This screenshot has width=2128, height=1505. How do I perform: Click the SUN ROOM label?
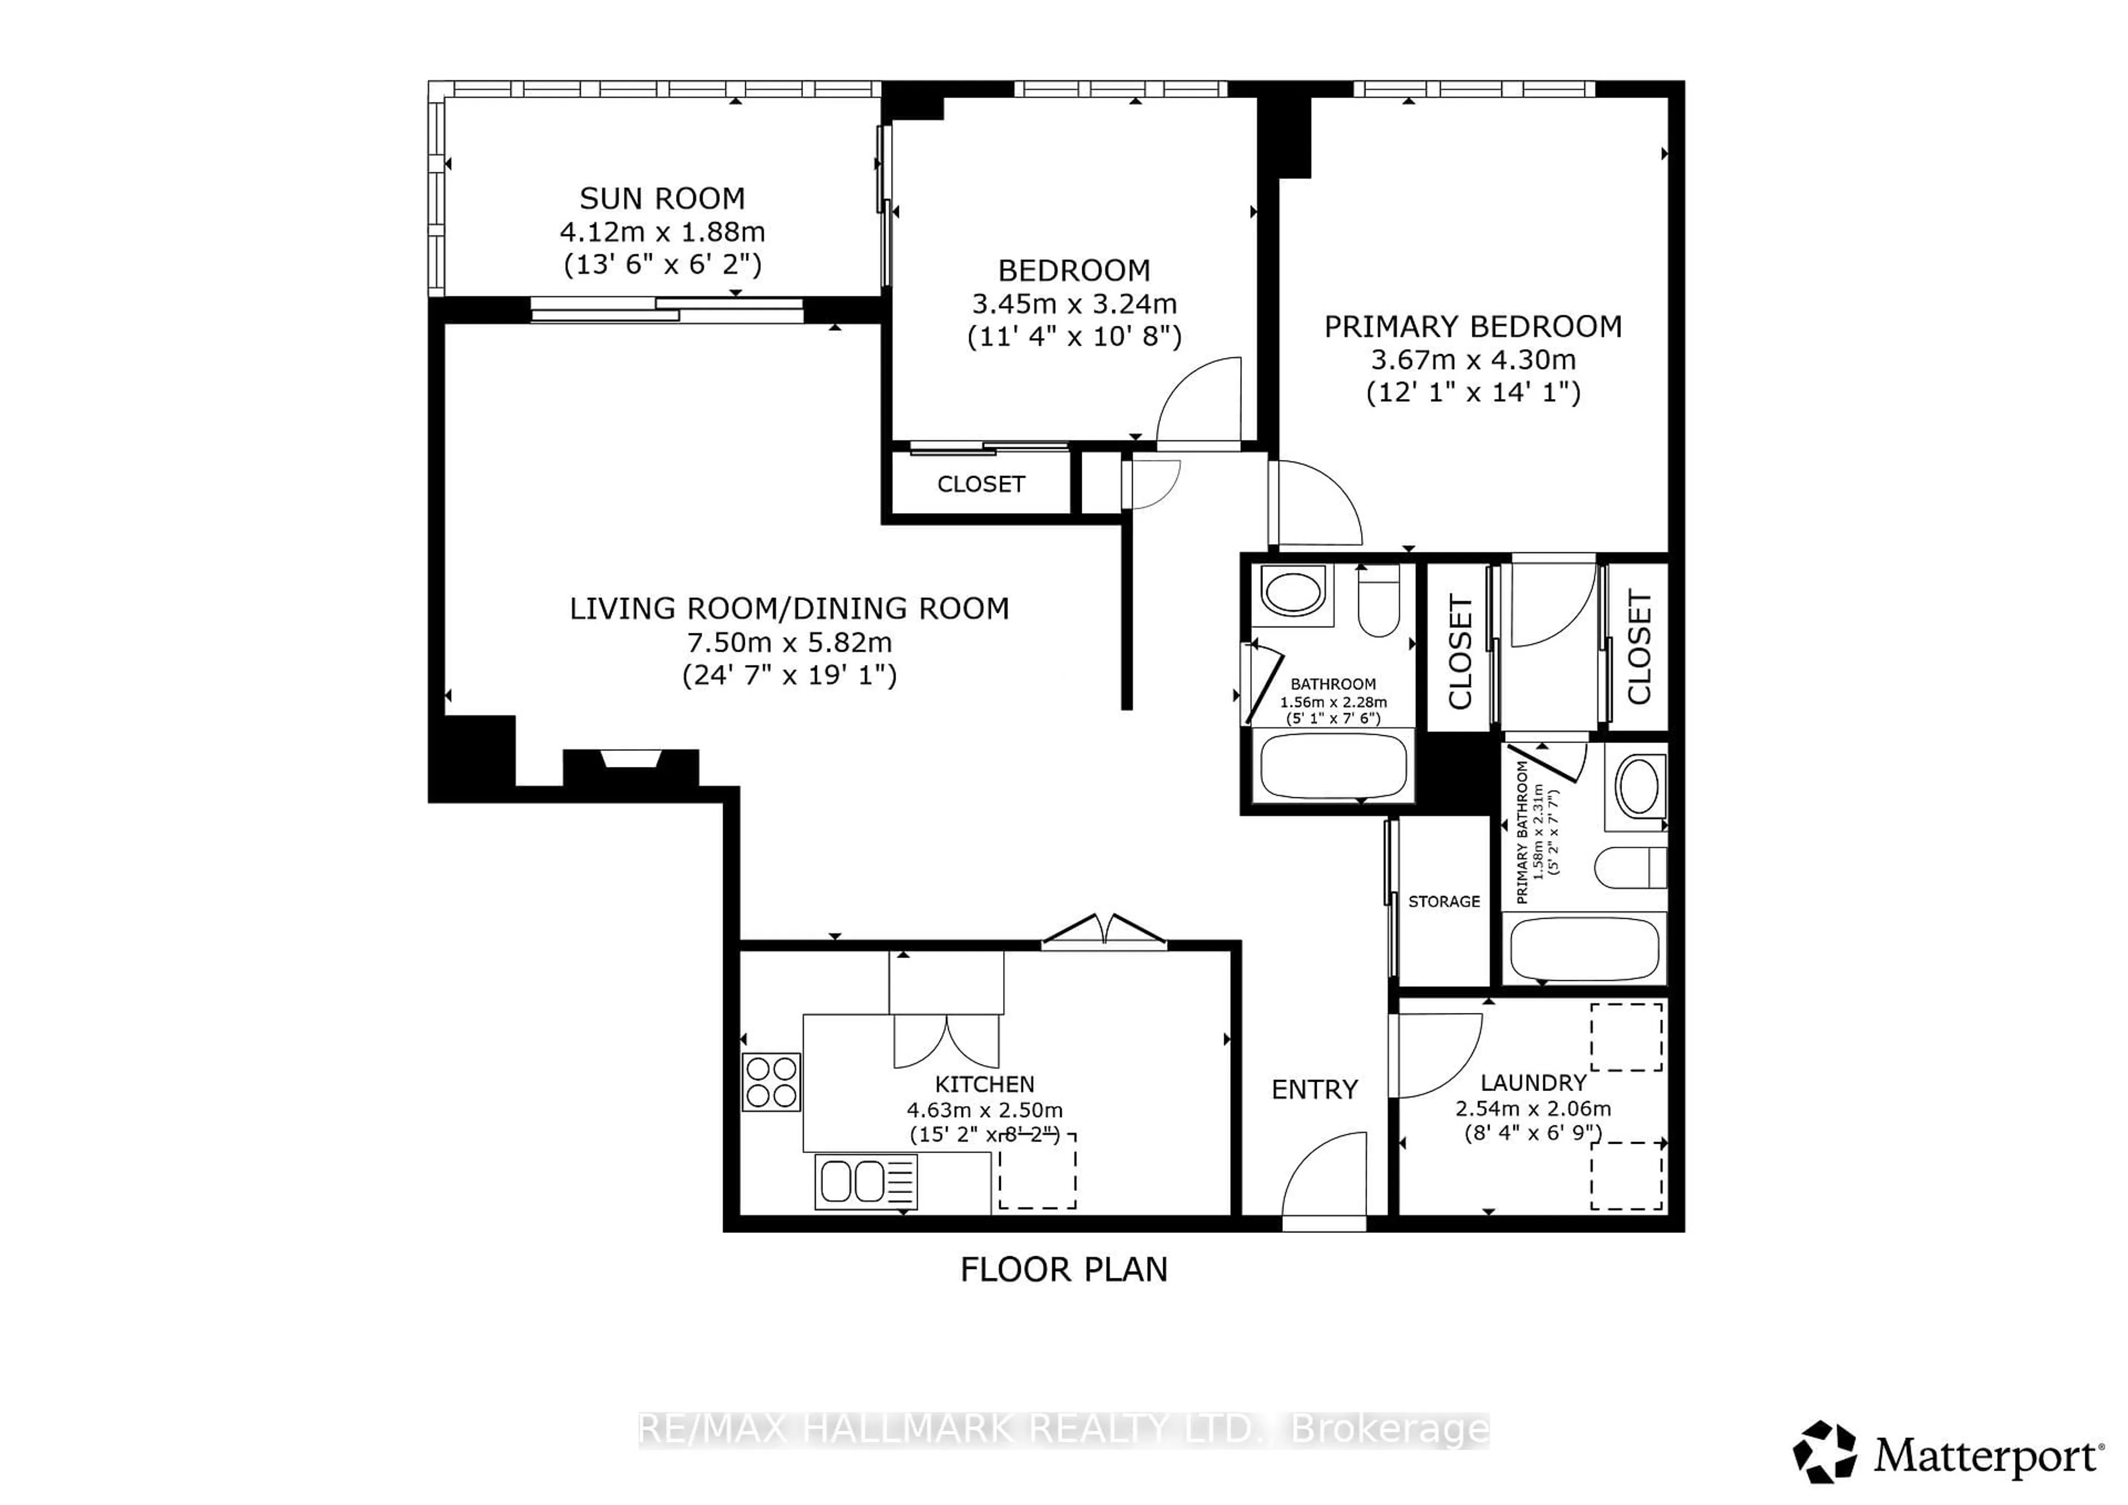click(x=662, y=198)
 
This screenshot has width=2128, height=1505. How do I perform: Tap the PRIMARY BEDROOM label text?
click(x=1473, y=326)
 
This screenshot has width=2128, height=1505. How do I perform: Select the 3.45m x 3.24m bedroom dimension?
click(x=1074, y=303)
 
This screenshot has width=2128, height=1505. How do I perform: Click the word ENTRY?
click(x=1314, y=1090)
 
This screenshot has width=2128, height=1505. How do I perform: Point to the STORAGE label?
click(x=1444, y=901)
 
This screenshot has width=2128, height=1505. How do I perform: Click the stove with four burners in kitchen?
click(x=771, y=1082)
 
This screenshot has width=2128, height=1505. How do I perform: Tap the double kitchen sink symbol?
click(x=866, y=1181)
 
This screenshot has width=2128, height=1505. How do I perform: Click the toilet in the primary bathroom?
click(x=1629, y=867)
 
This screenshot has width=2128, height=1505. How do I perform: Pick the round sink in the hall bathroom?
click(x=1293, y=593)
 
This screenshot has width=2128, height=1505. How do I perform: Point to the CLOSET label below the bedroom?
click(x=980, y=484)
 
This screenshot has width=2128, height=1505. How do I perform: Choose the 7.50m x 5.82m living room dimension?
click(x=789, y=641)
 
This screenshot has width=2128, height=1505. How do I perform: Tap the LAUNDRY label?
click(x=1533, y=1082)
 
